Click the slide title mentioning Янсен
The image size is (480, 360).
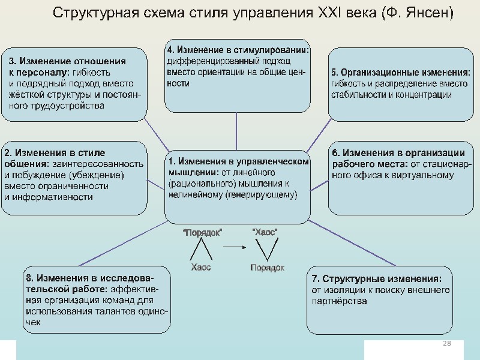pos(253,13)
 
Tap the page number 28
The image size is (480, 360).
pos(446,343)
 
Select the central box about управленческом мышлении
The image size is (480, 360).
pos(238,186)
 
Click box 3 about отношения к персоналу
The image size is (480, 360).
pos(74,85)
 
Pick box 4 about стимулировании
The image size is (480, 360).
pos(238,75)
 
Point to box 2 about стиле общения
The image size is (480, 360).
pos(74,178)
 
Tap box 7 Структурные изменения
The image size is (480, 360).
pos(379,300)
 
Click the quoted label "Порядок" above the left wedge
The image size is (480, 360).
pos(202,233)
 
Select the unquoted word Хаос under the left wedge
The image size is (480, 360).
pos(201,267)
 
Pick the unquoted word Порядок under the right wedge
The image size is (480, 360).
pos(267,268)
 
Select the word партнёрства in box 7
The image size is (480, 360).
pos(339,301)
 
